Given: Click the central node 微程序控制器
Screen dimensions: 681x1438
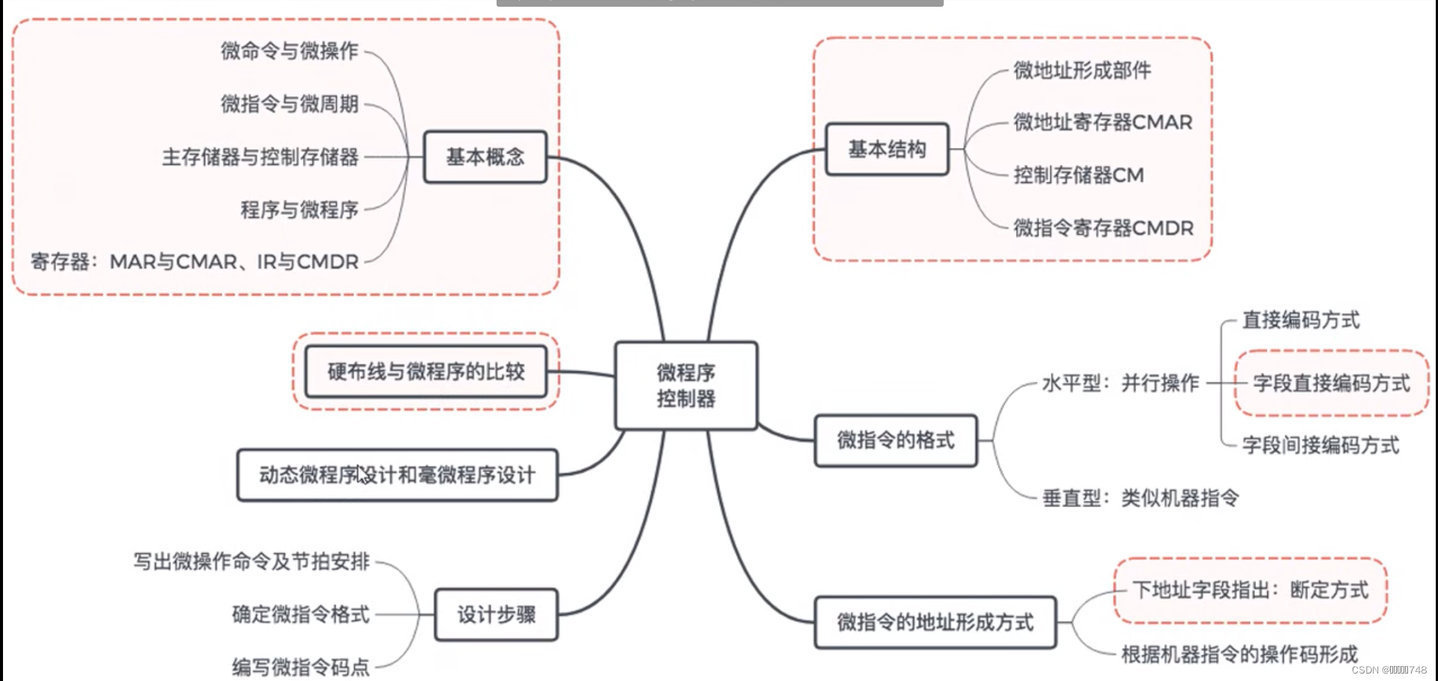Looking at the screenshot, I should (x=686, y=385).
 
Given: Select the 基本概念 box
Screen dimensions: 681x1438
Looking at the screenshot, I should (x=485, y=157).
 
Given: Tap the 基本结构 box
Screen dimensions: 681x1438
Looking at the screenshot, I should (x=887, y=149).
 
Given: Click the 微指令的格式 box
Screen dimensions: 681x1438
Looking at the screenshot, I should (x=896, y=440).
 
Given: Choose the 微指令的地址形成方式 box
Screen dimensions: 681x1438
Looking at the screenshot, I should (x=935, y=622).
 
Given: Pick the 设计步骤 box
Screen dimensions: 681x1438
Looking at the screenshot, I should (x=497, y=614).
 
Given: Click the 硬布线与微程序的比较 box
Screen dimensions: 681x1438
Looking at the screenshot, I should (x=425, y=371).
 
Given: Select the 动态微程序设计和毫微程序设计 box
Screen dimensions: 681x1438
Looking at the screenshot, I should (x=397, y=474).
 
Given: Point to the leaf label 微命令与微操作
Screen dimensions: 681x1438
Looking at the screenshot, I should (x=290, y=51).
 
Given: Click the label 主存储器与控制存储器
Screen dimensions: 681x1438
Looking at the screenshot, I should (x=261, y=157).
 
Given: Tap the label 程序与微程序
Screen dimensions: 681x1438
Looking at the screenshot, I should (x=300, y=210).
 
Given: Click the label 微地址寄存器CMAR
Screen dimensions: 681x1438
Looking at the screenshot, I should (x=1102, y=122).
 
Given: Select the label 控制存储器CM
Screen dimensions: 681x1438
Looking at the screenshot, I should (x=1078, y=175).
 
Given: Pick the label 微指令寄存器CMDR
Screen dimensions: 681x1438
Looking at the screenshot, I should (x=1103, y=228).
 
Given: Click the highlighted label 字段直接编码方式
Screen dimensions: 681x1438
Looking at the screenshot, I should (x=1332, y=383).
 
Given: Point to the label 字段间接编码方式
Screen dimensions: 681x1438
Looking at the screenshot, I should (x=1320, y=445).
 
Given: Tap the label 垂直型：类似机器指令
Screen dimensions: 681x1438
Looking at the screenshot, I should (x=1141, y=497).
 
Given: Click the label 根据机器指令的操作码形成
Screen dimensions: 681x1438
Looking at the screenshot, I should (x=1240, y=654).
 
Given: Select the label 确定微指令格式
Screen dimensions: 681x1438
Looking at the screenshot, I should (x=301, y=614).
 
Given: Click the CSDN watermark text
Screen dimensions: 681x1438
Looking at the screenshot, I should (x=1389, y=670).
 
